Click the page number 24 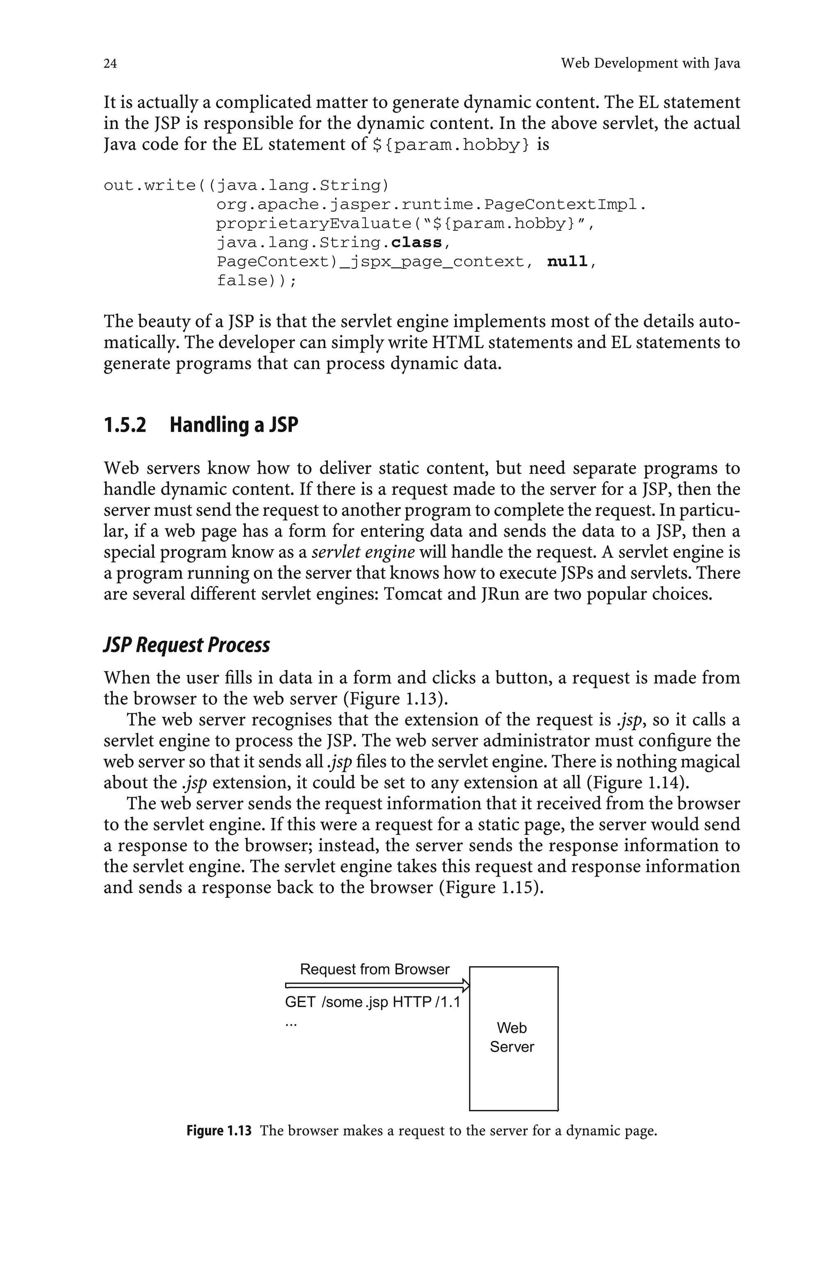(110, 64)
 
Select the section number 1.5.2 (124, 425)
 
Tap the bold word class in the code (416, 243)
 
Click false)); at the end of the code (256, 281)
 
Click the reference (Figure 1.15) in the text (491, 887)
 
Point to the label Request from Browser (374, 969)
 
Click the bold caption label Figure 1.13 (219, 1131)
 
